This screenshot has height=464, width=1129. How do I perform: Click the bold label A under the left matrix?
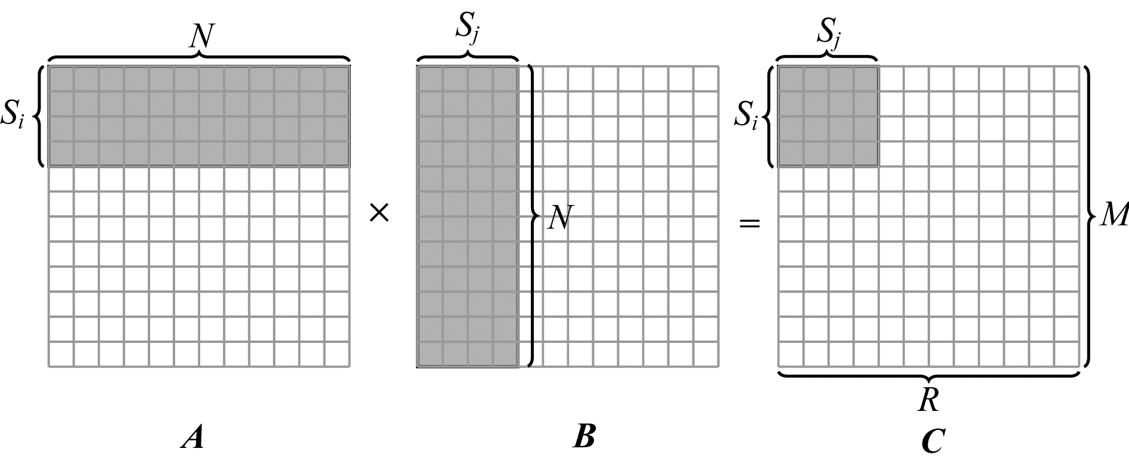click(x=192, y=438)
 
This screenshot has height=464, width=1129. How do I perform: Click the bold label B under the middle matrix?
click(x=584, y=438)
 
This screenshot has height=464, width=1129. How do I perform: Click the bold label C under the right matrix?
click(x=932, y=442)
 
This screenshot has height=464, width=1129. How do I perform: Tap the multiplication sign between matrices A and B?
click(x=379, y=213)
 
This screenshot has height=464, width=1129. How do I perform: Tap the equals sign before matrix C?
click(x=749, y=224)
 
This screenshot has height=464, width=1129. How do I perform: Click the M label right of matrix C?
click(x=1113, y=216)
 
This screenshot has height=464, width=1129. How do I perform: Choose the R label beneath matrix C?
click(x=929, y=401)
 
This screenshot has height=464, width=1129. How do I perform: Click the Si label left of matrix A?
click(x=13, y=115)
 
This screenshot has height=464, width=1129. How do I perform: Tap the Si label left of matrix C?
click(x=747, y=115)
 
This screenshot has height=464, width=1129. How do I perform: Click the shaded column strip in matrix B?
click(x=467, y=216)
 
